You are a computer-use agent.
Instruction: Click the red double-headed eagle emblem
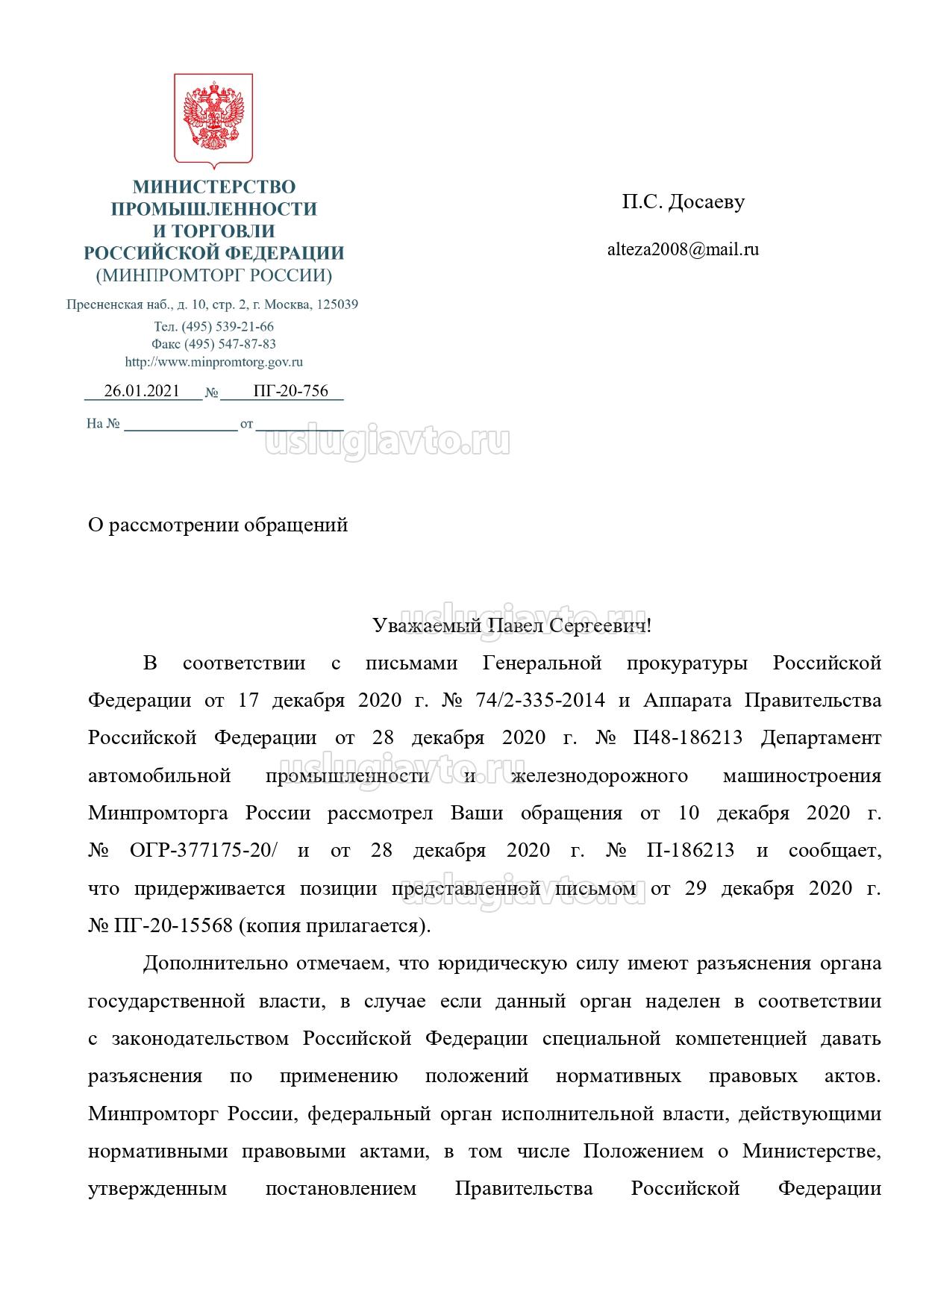click(x=213, y=117)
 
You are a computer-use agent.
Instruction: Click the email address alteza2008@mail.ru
click(x=683, y=250)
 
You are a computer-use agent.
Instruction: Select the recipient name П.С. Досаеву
click(x=683, y=202)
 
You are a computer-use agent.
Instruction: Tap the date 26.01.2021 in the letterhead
click(x=142, y=391)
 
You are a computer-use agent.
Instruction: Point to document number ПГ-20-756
click(x=290, y=391)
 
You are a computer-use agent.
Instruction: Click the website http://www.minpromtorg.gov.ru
click(x=213, y=362)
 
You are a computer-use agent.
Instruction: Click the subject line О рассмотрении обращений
click(x=218, y=525)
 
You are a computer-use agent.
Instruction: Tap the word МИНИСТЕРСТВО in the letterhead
click(x=214, y=187)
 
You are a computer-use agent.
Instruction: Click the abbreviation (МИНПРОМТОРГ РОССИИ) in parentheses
click(x=213, y=275)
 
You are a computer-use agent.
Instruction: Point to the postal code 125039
click(x=337, y=304)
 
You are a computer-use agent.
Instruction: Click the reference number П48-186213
click(x=687, y=738)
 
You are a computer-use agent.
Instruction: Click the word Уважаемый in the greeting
click(x=426, y=625)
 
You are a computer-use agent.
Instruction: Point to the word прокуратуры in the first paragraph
click(x=686, y=663)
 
